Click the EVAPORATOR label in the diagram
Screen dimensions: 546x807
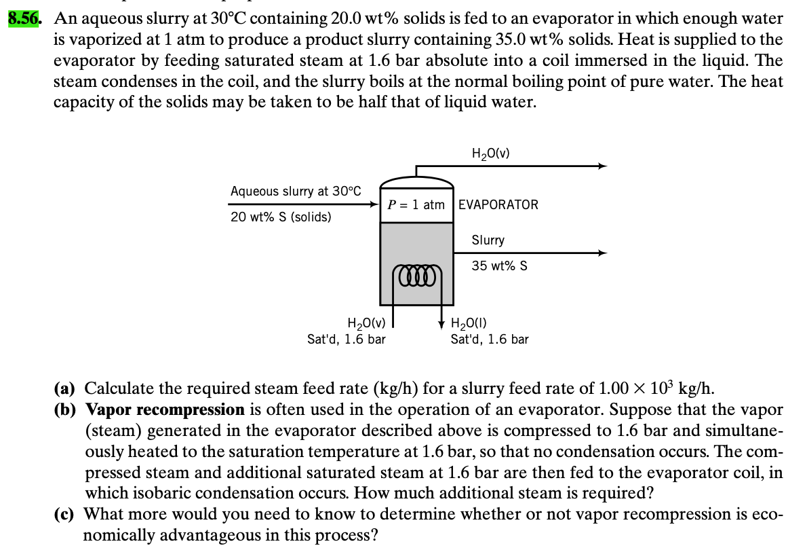coord(498,204)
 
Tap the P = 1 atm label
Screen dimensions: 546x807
coord(416,204)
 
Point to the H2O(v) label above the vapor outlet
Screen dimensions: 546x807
coord(490,153)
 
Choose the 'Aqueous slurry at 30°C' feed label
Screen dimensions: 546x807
coord(296,191)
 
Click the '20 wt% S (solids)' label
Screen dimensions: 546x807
coord(281,217)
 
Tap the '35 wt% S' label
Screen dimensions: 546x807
coord(500,266)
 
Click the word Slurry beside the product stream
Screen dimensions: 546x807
coord(488,240)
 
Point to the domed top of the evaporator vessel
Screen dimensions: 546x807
coord(416,180)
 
